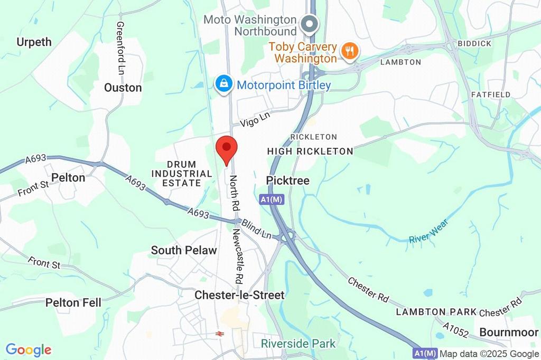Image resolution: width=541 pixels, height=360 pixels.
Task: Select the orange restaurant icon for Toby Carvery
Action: (349, 51)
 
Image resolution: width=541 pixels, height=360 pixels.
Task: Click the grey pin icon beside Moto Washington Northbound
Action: (308, 24)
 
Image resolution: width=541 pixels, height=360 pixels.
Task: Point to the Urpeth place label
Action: (34, 42)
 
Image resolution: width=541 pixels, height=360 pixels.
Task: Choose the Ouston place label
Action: (123, 88)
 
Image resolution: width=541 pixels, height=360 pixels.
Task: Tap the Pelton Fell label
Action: (73, 302)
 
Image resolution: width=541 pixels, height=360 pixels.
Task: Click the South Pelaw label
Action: (184, 250)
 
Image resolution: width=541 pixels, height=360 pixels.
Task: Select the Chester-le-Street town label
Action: (239, 295)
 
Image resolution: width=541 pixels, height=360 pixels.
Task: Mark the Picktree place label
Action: (288, 181)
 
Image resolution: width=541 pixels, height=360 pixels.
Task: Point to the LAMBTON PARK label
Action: (436, 312)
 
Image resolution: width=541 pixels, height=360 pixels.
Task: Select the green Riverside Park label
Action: (298, 344)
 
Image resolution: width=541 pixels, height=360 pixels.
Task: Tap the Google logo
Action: (29, 349)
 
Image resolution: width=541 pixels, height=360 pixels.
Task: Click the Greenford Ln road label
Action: (120, 48)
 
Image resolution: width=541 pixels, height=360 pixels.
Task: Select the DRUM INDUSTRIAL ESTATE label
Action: (181, 174)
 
